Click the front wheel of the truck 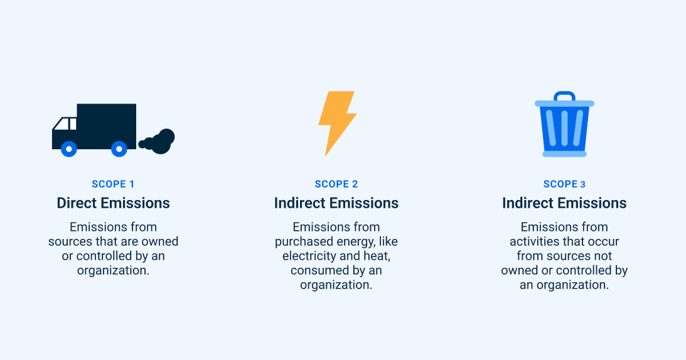coord(69,149)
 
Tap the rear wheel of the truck coord(119,149)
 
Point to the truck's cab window coord(65,124)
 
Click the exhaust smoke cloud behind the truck coord(159,142)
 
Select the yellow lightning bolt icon coord(336,122)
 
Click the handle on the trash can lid coord(564,97)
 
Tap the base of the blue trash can coord(564,153)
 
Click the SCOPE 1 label coord(113,184)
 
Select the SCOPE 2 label coord(336,184)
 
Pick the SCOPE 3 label coord(564,184)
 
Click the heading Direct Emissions coord(113,203)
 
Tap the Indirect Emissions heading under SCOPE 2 coord(336,203)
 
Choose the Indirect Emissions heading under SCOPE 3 coord(564,203)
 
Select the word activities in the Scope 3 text coord(536,241)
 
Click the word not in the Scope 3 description coord(603,256)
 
